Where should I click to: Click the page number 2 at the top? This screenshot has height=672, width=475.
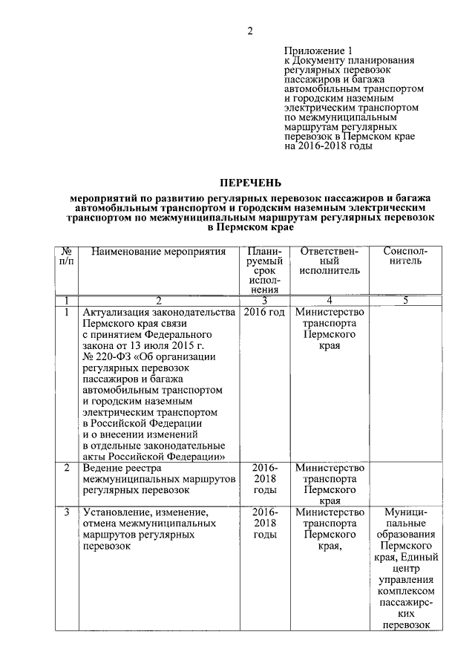(x=250, y=30)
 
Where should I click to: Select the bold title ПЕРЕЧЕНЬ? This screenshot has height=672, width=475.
(x=250, y=183)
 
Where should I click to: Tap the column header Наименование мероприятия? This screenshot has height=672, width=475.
(x=158, y=252)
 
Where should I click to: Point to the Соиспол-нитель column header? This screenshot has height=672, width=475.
(x=405, y=258)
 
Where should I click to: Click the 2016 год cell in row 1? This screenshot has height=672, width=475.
(x=264, y=313)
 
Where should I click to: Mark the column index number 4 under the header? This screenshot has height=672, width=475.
(x=330, y=301)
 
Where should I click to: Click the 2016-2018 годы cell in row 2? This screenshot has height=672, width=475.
(x=264, y=480)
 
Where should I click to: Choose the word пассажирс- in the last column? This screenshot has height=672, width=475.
(x=405, y=602)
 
